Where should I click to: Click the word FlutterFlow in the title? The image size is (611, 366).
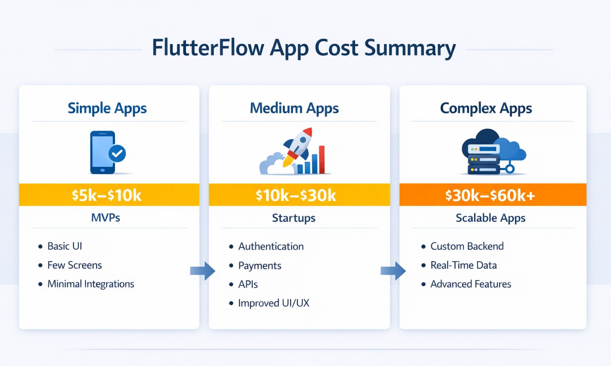coord(208,48)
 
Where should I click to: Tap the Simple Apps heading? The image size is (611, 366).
coord(107,108)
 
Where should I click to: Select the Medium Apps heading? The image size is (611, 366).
coord(294,108)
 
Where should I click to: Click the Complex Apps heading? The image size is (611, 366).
coord(486,108)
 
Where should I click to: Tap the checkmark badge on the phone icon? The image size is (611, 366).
coord(117,154)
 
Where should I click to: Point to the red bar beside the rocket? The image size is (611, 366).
coord(322,159)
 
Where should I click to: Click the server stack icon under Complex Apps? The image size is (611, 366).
coord(484,159)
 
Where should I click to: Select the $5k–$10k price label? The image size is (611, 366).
coord(106,195)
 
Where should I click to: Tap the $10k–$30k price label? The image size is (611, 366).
coord(296,195)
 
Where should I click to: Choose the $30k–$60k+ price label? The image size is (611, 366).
coord(490,195)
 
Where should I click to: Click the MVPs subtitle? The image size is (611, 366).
coord(106,217)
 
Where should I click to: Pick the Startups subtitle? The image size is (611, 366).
coord(294,218)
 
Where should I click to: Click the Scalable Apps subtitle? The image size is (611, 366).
coord(491,218)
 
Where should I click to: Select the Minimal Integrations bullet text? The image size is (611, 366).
coord(91,284)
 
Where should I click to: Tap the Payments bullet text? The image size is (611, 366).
coord(260,266)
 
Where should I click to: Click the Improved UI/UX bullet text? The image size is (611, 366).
coord(274,303)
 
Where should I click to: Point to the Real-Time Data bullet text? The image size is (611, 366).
coord(464,265)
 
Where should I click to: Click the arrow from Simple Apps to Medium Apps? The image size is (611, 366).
coord(203,271)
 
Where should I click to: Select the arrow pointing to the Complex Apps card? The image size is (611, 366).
coord(393,271)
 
